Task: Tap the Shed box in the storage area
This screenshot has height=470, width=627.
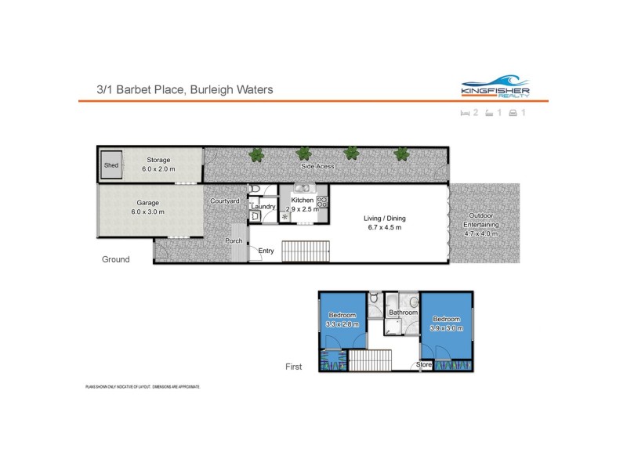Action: click(x=111, y=165)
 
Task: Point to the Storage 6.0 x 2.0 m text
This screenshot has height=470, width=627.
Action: click(x=158, y=164)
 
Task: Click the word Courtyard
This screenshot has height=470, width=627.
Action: click(x=225, y=201)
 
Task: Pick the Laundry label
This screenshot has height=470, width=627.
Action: click(x=263, y=207)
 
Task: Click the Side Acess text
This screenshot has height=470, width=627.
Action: click(x=318, y=166)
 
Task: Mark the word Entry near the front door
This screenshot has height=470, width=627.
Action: click(x=266, y=251)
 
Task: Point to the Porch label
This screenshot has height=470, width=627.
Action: click(x=234, y=240)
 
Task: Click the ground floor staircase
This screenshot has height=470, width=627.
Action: click(x=306, y=252)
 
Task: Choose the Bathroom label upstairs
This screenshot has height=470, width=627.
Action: click(x=404, y=313)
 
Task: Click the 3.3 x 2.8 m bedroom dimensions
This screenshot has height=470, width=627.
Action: click(x=342, y=324)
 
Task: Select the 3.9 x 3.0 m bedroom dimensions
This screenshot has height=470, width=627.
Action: click(x=447, y=328)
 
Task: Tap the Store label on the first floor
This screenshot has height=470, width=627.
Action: click(x=424, y=364)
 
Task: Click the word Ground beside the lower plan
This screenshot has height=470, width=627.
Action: click(x=115, y=259)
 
